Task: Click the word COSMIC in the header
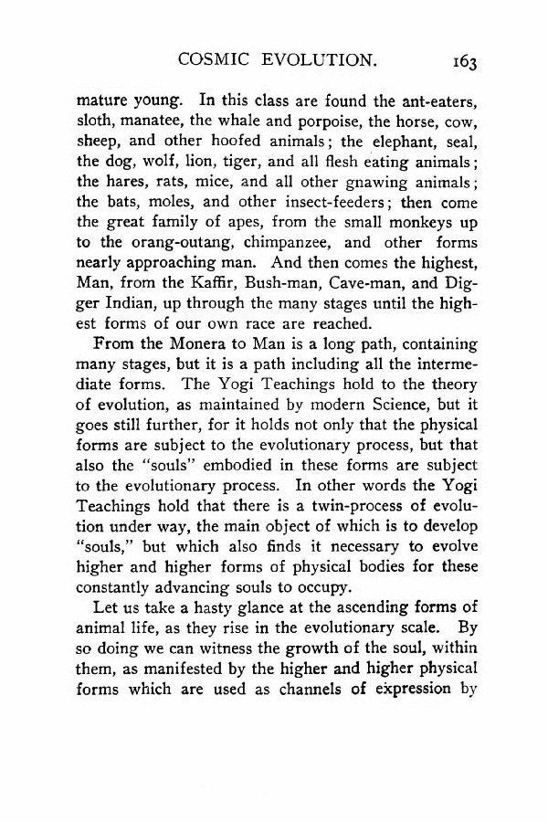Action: [x=215, y=62]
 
